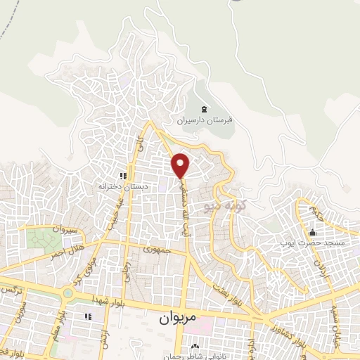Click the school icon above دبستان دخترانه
[x=122, y=176]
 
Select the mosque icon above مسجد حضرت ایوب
[x=312, y=233]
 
